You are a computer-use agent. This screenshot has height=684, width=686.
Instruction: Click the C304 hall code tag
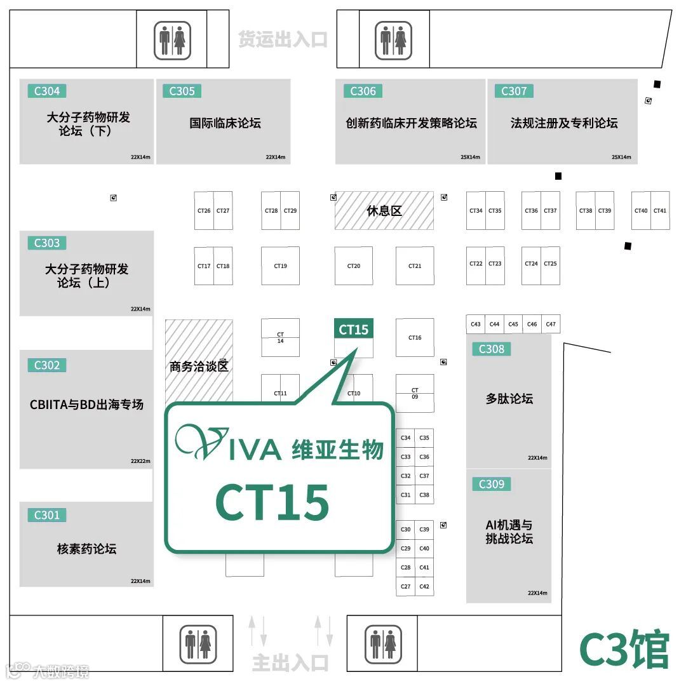point(46,91)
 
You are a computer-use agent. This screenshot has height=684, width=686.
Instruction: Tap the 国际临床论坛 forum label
point(225,123)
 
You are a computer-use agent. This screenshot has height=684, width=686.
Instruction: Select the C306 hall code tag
point(363,91)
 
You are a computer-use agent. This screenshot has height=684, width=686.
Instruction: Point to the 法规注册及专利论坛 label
point(563,123)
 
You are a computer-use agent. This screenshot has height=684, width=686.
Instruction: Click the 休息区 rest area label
point(384,211)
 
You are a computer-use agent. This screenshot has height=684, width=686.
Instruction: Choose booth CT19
point(280,266)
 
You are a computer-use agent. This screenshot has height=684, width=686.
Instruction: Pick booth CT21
point(415,266)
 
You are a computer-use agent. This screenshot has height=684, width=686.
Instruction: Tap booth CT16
point(415,338)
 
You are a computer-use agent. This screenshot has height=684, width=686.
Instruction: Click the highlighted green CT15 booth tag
point(354,330)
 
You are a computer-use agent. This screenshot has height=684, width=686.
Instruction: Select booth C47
point(551,325)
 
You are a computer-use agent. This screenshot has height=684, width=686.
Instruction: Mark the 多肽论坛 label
point(509,399)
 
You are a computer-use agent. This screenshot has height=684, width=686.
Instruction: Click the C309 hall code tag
point(491,484)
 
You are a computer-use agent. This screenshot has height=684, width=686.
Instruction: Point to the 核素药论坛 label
point(86,549)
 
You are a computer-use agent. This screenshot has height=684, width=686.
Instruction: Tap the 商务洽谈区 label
point(198,366)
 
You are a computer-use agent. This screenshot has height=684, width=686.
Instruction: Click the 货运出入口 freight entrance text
point(283,39)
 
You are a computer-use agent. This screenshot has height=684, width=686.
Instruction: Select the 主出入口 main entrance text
point(290,663)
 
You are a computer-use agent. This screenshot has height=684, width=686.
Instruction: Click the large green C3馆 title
point(624,648)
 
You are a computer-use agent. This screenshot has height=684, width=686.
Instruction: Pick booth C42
point(424,587)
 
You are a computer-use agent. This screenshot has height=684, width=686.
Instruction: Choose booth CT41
point(660,211)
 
